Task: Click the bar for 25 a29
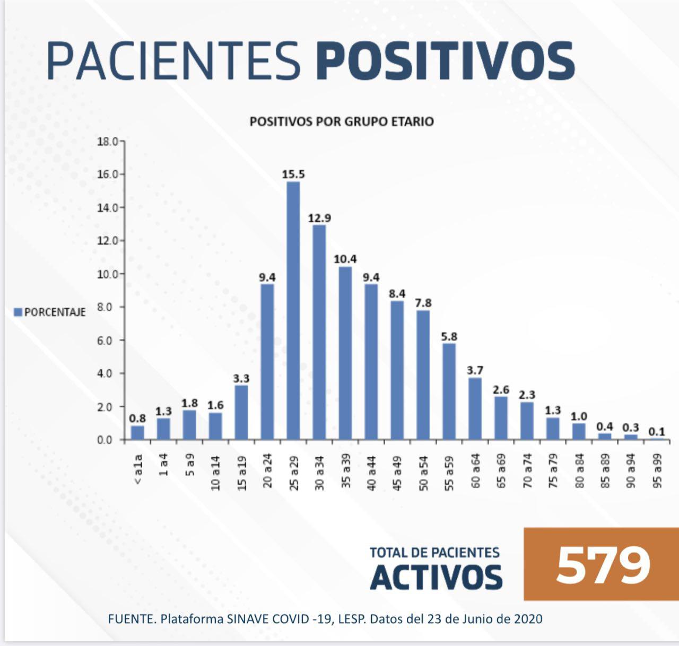coord(293,310)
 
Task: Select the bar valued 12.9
coord(319,332)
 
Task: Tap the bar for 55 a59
coord(449,391)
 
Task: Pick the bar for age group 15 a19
coord(241,412)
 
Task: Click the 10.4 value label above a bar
coord(345,259)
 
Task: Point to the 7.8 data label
coord(423,303)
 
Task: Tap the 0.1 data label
coord(657,432)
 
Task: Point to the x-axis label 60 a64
coord(475,471)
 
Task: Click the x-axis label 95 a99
coord(657,471)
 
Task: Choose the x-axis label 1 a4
coord(163,465)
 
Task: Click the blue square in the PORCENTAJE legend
coord(18,312)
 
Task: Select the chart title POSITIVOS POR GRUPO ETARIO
coord(342,121)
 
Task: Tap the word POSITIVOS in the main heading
coord(446,60)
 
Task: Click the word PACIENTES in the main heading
coord(173,60)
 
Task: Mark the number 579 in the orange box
coord(603,564)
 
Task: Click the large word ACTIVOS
coord(436,577)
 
